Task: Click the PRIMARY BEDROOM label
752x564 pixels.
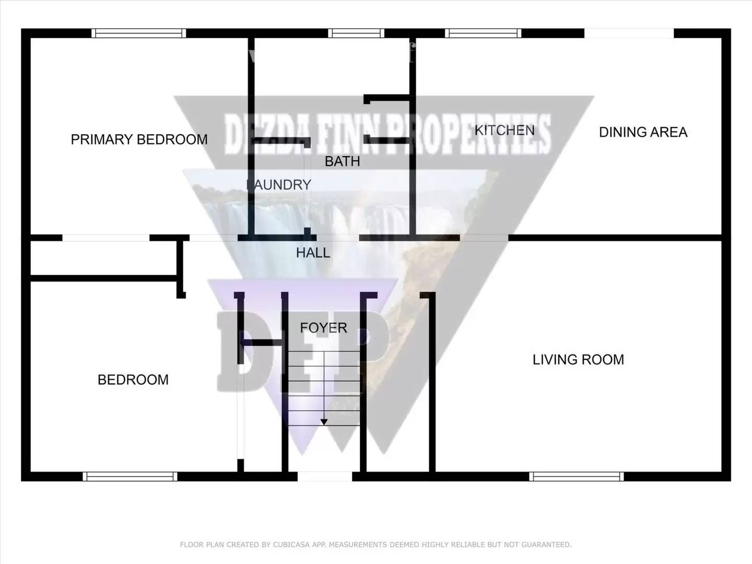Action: pos(139,139)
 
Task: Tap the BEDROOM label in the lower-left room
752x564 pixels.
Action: pos(133,380)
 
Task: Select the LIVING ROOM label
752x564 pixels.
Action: pos(578,360)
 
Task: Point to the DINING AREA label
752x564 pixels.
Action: pos(643,133)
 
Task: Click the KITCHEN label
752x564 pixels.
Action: pos(504,131)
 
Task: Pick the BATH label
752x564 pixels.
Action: pos(343,161)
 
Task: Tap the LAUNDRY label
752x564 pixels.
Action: pos(279,185)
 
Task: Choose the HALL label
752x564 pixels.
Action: pos(313,253)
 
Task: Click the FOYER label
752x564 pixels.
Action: pos(323,328)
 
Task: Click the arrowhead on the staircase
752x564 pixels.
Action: pos(324,421)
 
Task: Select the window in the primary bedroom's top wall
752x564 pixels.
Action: pos(138,33)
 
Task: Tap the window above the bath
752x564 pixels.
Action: pos(356,33)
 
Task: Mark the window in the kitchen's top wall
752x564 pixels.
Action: pos(483,33)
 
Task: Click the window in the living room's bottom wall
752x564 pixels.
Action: pos(577,476)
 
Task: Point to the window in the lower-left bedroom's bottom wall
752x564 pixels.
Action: pos(130,476)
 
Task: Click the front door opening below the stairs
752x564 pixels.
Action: pos(324,476)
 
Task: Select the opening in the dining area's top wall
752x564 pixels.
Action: pos(629,33)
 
